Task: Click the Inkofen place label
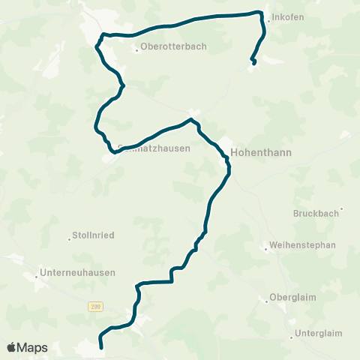[x=289, y=17]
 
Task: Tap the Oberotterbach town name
[x=173, y=46]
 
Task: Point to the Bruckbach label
[x=316, y=213]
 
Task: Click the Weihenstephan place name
[x=304, y=244]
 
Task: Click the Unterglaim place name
[x=318, y=333]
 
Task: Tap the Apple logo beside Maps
[x=11, y=347]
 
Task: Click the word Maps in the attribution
[x=33, y=348]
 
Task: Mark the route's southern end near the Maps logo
[x=100, y=347]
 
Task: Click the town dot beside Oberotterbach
[x=136, y=51]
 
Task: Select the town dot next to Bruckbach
[x=341, y=209]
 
